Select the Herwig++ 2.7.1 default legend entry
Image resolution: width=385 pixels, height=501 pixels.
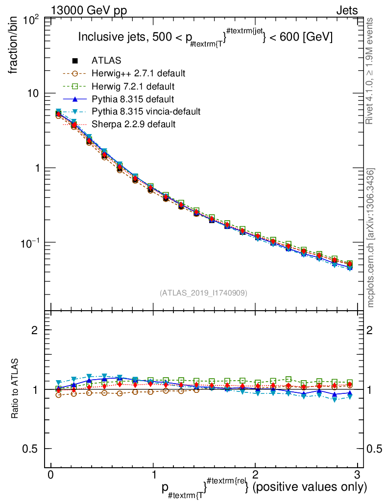tap(138, 73)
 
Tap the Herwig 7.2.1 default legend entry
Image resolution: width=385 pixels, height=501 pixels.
tap(134, 86)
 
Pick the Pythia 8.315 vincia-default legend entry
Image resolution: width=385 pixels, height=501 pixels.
tap(145, 112)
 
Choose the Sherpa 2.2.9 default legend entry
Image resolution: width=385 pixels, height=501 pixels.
tap(133, 124)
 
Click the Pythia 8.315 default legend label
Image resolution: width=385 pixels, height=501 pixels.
tap(133, 99)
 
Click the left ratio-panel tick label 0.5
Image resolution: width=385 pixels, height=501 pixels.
tap(34, 449)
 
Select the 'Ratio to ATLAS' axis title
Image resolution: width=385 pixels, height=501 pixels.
tap(16, 389)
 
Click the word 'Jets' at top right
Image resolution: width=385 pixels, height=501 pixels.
tap(347, 11)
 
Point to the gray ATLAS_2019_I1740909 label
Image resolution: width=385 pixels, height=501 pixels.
tap(203, 293)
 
